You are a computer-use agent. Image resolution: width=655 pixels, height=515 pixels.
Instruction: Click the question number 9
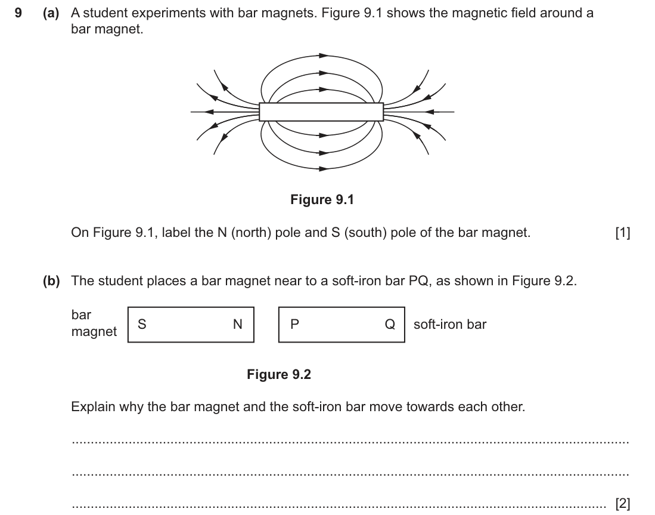click(x=18, y=13)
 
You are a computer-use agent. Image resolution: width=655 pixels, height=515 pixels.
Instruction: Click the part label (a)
click(x=51, y=13)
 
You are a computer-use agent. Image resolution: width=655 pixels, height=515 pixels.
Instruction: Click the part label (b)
click(x=51, y=280)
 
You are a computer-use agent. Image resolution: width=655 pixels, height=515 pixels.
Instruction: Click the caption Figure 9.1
click(x=322, y=199)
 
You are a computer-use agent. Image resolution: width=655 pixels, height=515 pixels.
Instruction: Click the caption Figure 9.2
click(x=279, y=374)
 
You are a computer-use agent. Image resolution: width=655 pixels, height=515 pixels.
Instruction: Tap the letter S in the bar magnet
click(x=142, y=324)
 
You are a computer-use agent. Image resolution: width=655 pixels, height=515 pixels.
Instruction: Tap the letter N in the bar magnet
click(x=237, y=324)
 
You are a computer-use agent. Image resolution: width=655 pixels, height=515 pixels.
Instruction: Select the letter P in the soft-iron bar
click(x=294, y=324)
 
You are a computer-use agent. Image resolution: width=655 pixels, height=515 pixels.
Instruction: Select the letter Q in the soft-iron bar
click(x=390, y=324)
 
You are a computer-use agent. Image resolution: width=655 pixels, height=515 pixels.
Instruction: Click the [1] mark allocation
click(x=623, y=233)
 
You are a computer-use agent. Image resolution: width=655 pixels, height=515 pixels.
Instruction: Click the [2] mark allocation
click(x=623, y=503)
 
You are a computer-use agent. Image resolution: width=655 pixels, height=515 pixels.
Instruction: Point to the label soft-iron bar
click(x=450, y=325)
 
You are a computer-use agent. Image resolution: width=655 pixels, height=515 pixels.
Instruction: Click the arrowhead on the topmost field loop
click(x=323, y=55)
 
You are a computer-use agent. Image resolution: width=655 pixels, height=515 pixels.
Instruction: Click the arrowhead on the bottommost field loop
click(x=323, y=169)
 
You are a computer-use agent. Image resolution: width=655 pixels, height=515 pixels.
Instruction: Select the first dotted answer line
click(x=350, y=442)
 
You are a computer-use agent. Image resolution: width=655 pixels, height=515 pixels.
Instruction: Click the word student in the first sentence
click(x=106, y=13)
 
